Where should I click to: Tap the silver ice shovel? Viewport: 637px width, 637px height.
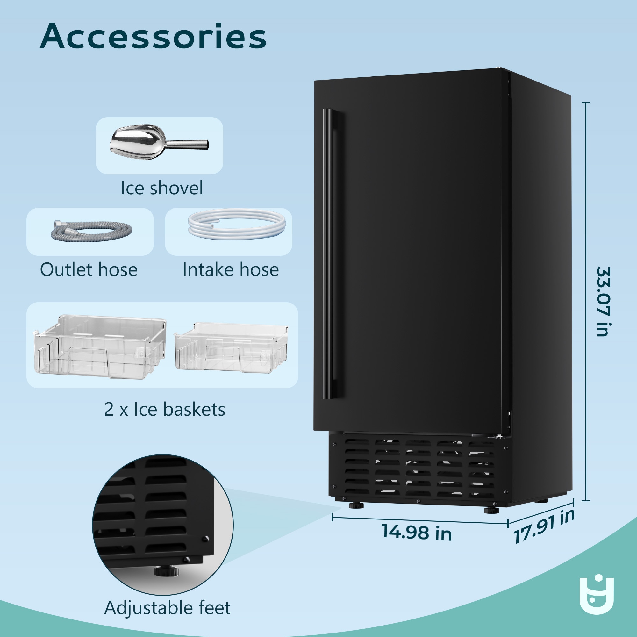point(159,142)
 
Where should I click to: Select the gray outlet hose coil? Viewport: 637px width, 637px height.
point(91,231)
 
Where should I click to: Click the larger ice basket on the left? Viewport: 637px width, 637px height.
point(100,347)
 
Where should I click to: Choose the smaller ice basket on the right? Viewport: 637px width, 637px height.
point(231,348)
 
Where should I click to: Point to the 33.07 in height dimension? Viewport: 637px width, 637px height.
point(603,302)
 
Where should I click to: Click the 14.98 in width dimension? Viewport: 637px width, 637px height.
point(417,532)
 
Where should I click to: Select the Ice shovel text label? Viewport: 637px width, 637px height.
point(161,188)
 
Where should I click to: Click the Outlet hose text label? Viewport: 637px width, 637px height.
point(89,270)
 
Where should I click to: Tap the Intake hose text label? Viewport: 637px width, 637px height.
point(231,270)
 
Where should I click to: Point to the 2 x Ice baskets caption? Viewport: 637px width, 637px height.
point(165,410)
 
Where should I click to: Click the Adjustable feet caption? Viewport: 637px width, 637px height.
point(167,608)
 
